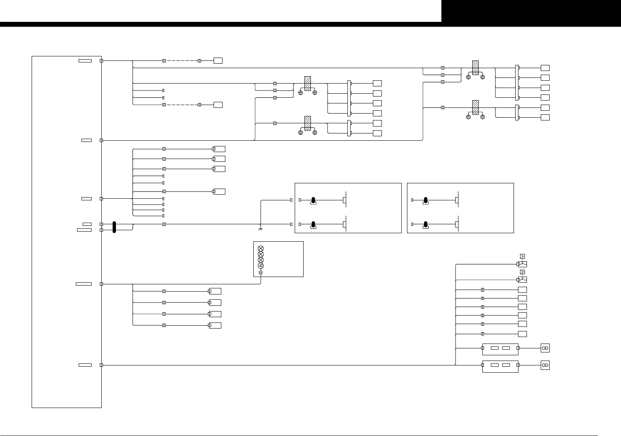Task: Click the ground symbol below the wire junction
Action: (x=260, y=229)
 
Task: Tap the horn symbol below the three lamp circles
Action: (x=261, y=266)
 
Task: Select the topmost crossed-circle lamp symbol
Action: (x=261, y=248)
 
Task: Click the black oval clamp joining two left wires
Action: (x=114, y=227)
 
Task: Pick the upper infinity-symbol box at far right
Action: (x=545, y=348)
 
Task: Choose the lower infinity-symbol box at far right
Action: (x=545, y=365)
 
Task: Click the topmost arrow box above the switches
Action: (x=522, y=256)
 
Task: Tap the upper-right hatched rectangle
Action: (x=475, y=68)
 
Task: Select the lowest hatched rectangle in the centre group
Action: (x=308, y=123)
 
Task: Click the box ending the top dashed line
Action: (x=218, y=61)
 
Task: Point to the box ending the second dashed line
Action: (x=218, y=105)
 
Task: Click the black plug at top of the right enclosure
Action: (x=426, y=200)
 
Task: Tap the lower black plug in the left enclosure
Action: (x=313, y=224)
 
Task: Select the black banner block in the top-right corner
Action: (x=531, y=11)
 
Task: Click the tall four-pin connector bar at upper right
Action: (x=517, y=83)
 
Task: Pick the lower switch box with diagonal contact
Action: (x=522, y=279)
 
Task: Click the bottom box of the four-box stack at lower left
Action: (x=215, y=325)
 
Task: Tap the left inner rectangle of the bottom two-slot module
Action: (x=495, y=365)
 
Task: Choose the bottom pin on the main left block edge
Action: (x=101, y=365)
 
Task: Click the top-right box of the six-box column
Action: (x=545, y=68)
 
